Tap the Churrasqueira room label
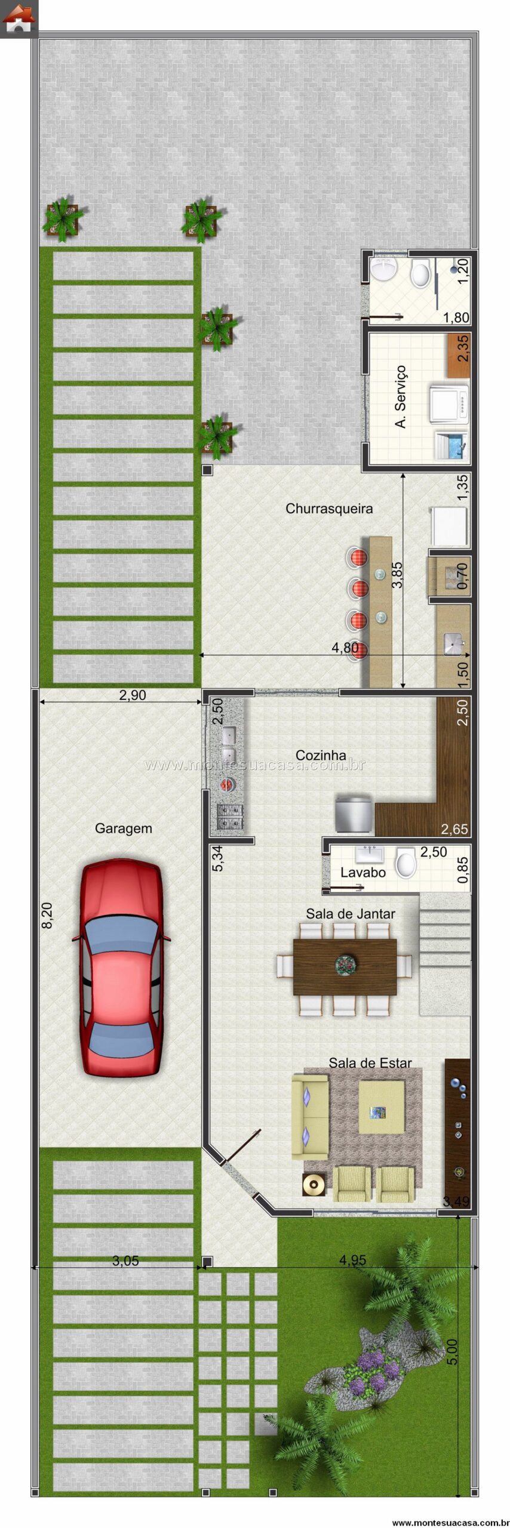[329, 509]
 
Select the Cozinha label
[321, 755]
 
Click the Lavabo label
[363, 872]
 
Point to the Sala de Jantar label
[351, 913]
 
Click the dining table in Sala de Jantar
[345, 968]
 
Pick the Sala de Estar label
[370, 1062]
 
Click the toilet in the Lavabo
[406, 864]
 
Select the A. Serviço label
[401, 396]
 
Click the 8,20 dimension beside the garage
[47, 915]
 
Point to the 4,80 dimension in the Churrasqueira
[345, 648]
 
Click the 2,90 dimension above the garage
[133, 695]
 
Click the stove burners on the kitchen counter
[231, 817]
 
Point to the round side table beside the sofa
[314, 1183]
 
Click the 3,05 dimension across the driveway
[125, 1261]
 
